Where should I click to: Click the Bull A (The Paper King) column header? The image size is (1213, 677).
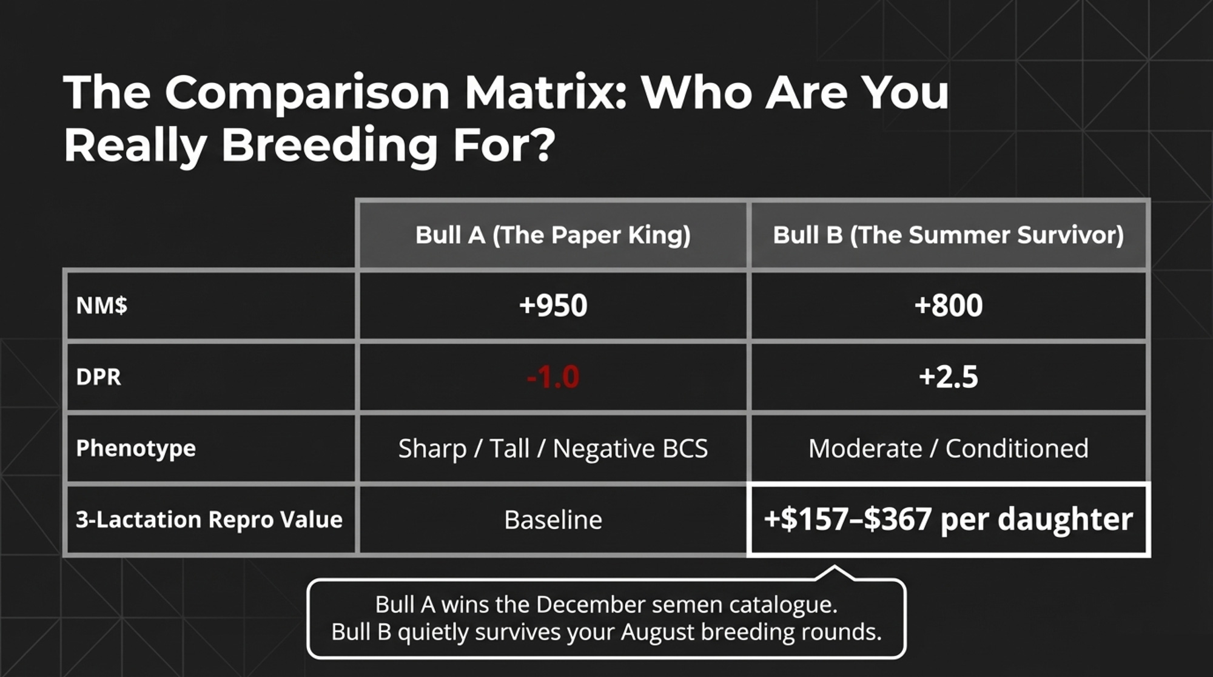click(553, 235)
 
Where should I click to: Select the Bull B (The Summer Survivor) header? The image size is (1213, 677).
click(948, 235)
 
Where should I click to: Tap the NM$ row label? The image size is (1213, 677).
click(102, 305)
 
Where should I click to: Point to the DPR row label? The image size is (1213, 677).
click(98, 377)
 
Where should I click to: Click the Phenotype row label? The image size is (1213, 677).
click(136, 448)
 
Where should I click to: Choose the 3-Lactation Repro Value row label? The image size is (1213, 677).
click(209, 520)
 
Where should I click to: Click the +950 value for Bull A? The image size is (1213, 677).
click(553, 305)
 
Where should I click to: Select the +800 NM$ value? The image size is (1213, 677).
click(949, 305)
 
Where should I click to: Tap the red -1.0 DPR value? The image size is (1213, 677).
click(553, 377)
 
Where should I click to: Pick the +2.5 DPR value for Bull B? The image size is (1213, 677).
click(949, 377)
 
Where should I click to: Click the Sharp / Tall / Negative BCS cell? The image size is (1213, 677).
click(553, 449)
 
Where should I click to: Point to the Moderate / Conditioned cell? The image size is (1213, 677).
click(949, 449)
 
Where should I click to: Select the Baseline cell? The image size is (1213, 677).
click(553, 520)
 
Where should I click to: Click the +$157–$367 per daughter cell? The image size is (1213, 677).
click(949, 519)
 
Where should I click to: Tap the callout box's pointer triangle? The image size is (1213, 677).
click(835, 573)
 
